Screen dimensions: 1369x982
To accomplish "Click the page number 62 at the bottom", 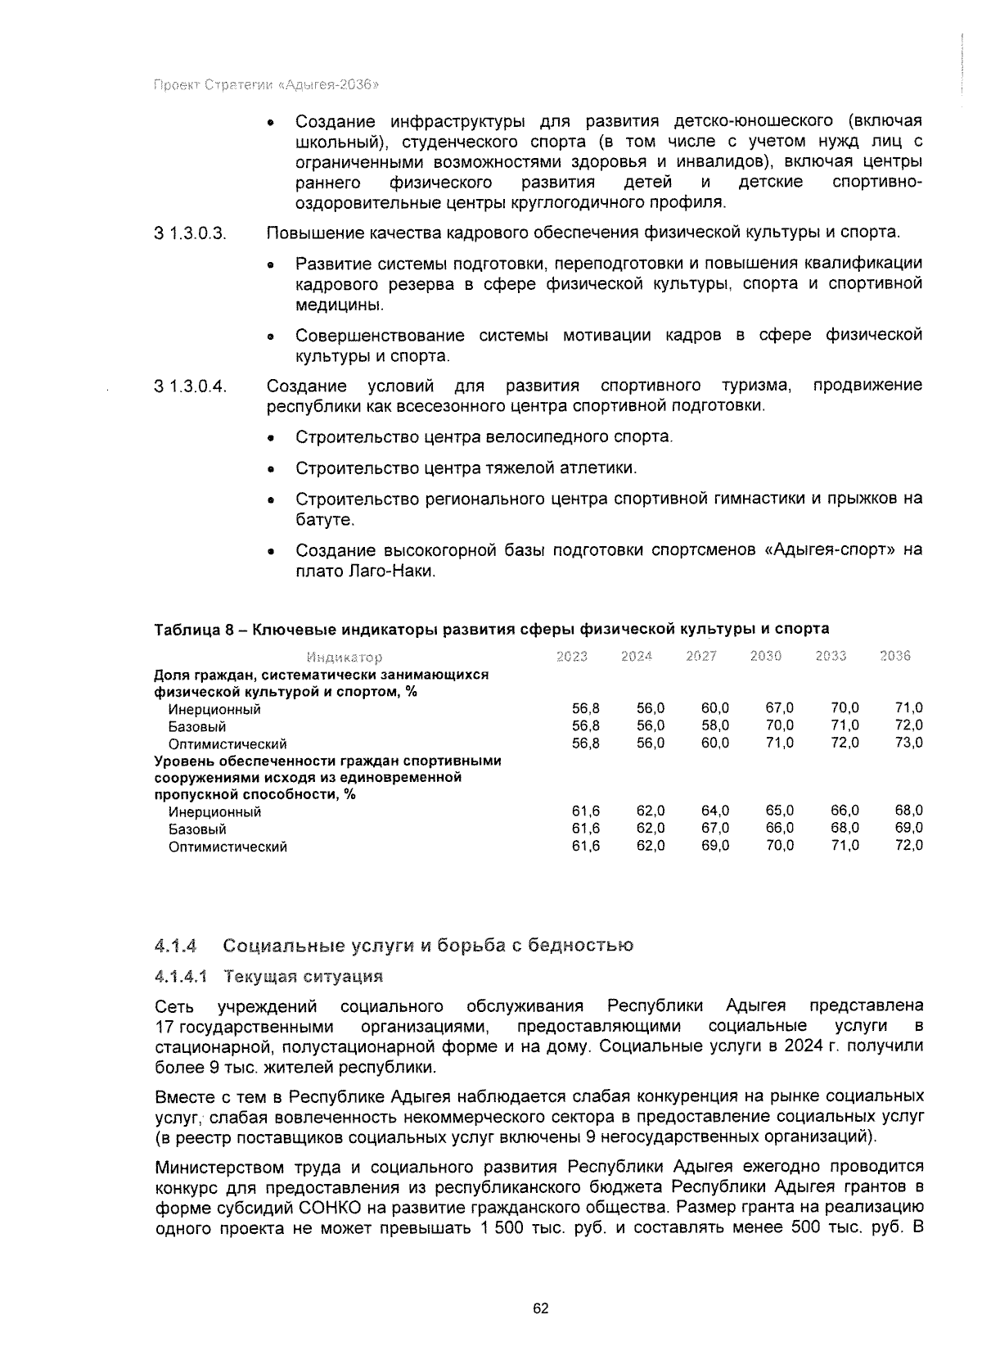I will pyautogui.click(x=540, y=1308).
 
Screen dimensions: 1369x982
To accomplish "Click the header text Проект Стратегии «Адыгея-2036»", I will pyautogui.click(x=266, y=85).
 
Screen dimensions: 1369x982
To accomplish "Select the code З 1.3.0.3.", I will pyautogui.click(x=190, y=233).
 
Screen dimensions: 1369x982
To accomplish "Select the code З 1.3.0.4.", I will pyautogui.click(x=190, y=386).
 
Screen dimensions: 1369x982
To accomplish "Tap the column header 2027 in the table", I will pyautogui.click(x=701, y=656).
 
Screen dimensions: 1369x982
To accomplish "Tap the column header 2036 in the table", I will pyautogui.click(x=895, y=656).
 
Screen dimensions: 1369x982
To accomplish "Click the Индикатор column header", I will pyautogui.click(x=344, y=657).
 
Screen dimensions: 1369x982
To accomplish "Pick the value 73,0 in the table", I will pyautogui.click(x=908, y=743).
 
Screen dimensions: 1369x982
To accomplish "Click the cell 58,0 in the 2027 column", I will pyautogui.click(x=715, y=725).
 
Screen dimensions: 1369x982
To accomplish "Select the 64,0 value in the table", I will pyautogui.click(x=715, y=811).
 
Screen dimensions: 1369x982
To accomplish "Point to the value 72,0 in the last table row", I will pyautogui.click(x=908, y=846).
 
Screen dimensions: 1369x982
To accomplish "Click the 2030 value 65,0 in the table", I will pyautogui.click(x=779, y=811).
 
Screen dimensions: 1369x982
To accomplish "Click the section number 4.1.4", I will pyautogui.click(x=176, y=946).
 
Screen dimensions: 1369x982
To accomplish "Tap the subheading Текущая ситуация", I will pyautogui.click(x=304, y=977).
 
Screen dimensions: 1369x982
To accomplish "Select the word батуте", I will pyautogui.click(x=325, y=520).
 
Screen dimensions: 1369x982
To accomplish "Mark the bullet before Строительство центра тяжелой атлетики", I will pyautogui.click(x=272, y=469).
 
